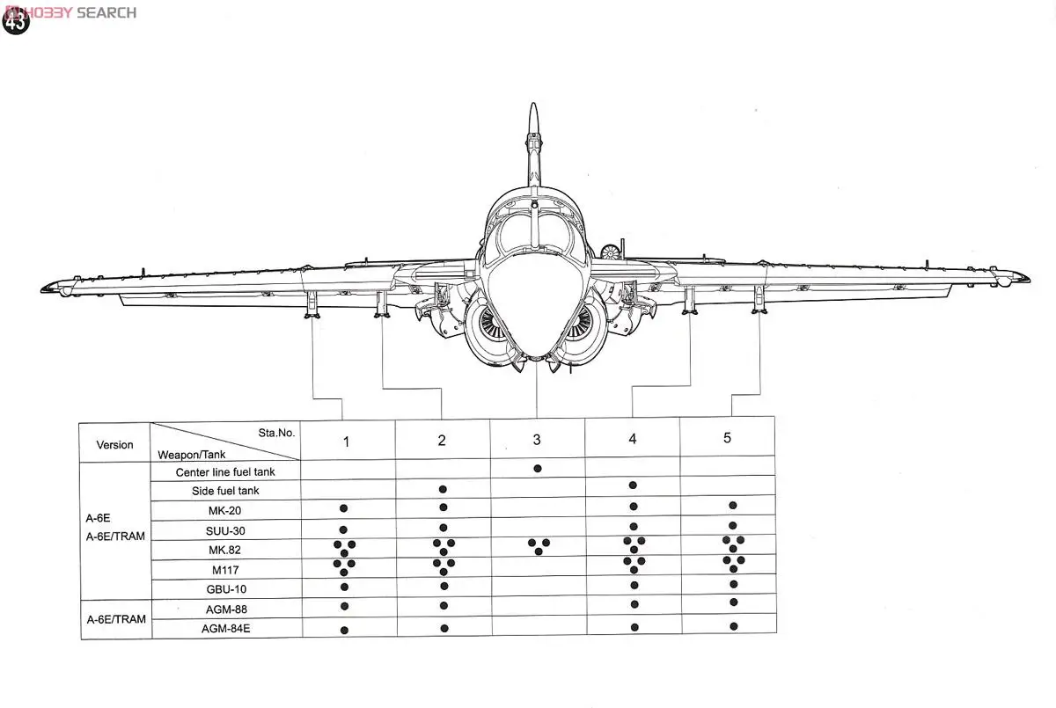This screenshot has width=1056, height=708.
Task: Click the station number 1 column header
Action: click(346, 442)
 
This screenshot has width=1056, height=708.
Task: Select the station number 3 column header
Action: click(537, 440)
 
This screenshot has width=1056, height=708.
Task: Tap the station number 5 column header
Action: click(727, 438)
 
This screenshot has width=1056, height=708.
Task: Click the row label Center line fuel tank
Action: click(225, 472)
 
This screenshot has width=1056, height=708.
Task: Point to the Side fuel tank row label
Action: click(225, 491)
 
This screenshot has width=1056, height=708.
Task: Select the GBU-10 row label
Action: click(225, 589)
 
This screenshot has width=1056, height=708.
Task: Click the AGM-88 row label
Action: click(225, 609)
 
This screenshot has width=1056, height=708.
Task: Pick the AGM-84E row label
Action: click(225, 629)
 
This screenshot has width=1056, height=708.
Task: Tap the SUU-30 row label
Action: click(225, 530)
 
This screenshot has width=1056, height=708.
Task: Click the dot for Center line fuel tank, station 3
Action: click(537, 469)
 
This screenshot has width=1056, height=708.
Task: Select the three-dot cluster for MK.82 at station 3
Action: click(539, 546)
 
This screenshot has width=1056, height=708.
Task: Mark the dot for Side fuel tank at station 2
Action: click(443, 489)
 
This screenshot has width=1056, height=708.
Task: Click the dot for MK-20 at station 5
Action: click(732, 506)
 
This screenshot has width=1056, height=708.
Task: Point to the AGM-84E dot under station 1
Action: click(344, 630)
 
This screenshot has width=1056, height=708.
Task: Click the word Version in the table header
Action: click(115, 445)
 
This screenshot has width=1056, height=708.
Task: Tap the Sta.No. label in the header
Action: click(276, 433)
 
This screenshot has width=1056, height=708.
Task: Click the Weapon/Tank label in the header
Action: click(192, 455)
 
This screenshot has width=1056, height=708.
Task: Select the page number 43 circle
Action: click(16, 21)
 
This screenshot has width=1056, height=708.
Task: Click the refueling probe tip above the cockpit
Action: click(532, 109)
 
